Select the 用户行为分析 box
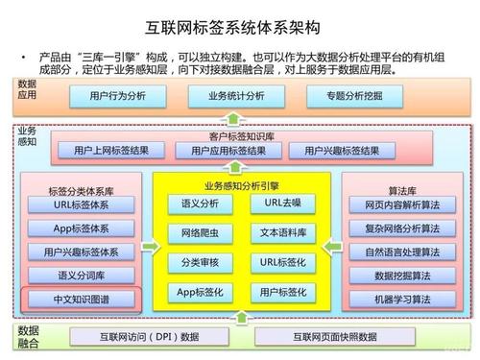coord(117,97)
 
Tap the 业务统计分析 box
coord(234,97)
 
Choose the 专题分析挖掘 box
coord(352,97)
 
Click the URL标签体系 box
coord(81,204)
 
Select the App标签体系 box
coord(81,228)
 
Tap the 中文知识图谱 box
coord(81,300)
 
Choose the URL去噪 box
coord(282,204)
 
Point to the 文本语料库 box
coord(282,233)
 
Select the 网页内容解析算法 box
coord(396,205)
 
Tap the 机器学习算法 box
coord(396,300)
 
